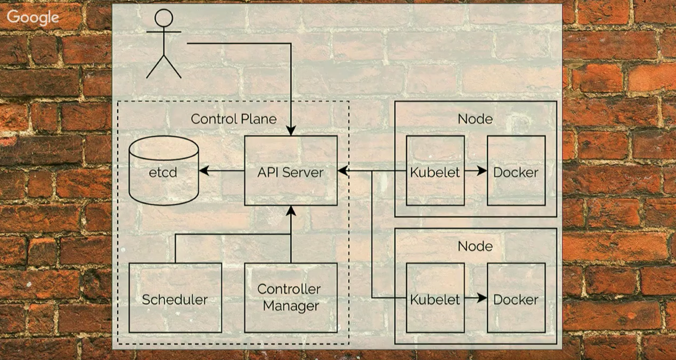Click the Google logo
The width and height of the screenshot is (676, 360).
tap(33, 18)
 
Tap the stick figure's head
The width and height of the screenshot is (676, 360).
tap(163, 19)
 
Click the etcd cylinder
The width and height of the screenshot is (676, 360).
tap(163, 171)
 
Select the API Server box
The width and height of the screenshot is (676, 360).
tap(291, 171)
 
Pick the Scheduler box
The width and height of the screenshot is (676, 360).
tap(175, 299)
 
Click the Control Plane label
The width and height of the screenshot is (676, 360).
tap(234, 119)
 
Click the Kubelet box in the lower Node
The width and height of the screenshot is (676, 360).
tap(435, 299)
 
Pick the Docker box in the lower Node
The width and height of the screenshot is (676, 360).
tap(515, 299)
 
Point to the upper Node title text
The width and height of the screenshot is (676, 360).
tap(475, 119)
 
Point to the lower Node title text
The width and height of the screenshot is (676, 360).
tap(475, 246)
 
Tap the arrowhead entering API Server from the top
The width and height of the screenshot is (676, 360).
tap(291, 131)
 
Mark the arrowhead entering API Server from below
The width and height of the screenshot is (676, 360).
tap(291, 211)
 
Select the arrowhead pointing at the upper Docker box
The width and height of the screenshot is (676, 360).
tap(482, 171)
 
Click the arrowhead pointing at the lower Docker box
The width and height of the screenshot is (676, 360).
tap(482, 298)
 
